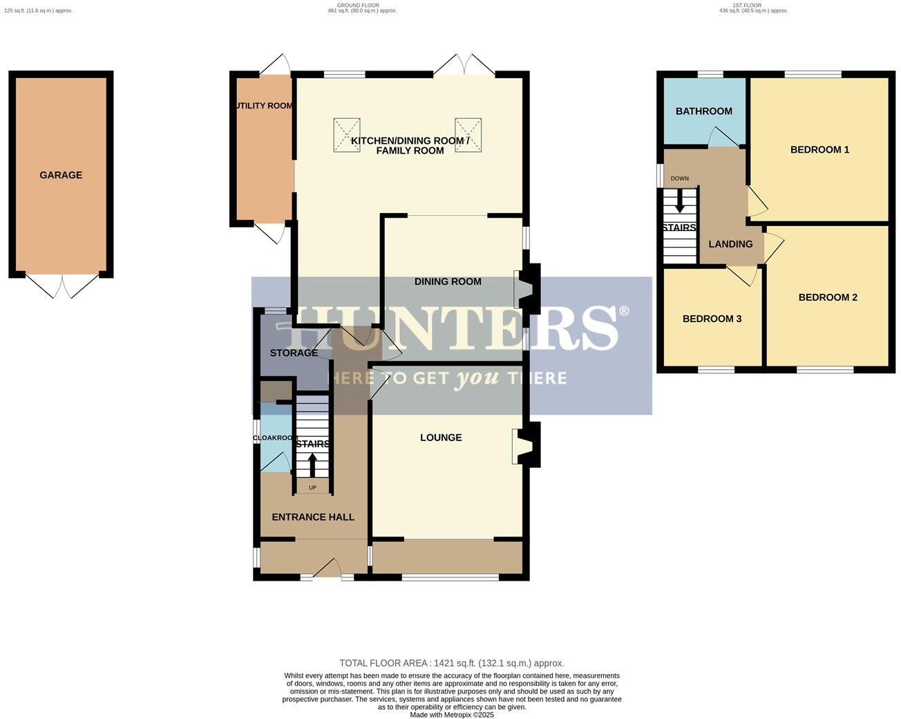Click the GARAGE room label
tap(61, 176)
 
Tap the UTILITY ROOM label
tap(264, 106)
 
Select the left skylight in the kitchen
tap(346, 135)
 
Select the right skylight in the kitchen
tap(468, 135)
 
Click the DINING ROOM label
tap(448, 281)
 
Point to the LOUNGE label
tap(441, 438)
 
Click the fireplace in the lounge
tap(527, 446)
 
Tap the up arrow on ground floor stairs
tap(312, 465)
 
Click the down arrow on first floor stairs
tap(679, 202)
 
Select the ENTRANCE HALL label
tap(313, 517)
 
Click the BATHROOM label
tap(703, 111)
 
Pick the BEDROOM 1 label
tap(819, 150)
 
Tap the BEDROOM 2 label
tap(827, 298)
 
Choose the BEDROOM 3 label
tap(712, 319)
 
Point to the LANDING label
tap(730, 244)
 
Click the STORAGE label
tap(294, 353)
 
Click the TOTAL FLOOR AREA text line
tap(451, 663)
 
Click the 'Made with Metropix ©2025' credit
tap(451, 715)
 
